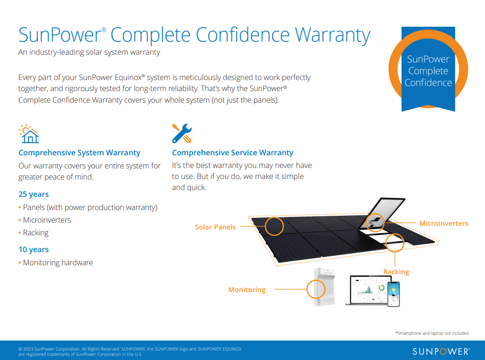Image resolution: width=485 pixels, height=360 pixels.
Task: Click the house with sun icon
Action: click(x=29, y=134)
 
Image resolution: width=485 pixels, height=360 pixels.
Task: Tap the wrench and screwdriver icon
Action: click(x=182, y=134)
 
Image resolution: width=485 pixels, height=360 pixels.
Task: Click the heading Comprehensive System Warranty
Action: click(x=79, y=153)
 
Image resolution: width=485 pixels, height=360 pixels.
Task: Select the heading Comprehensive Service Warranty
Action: click(x=233, y=153)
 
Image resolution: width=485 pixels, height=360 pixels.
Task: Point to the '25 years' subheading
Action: click(x=34, y=194)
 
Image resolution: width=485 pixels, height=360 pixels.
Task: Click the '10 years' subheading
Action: click(x=34, y=249)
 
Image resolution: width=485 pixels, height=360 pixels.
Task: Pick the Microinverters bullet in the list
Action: click(x=47, y=220)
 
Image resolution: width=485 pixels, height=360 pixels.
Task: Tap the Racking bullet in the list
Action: click(x=36, y=233)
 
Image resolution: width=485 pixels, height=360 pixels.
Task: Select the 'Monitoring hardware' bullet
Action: click(x=58, y=263)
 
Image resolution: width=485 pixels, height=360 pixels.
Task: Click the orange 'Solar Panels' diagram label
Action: click(x=215, y=227)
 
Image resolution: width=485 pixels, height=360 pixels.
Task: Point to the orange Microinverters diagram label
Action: click(x=443, y=224)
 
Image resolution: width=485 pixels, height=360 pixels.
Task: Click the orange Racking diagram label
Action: click(x=396, y=272)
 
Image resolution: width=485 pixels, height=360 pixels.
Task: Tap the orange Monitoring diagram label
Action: click(x=247, y=289)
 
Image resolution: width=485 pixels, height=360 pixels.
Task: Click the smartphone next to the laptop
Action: click(x=393, y=294)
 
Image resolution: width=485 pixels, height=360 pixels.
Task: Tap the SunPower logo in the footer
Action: click(x=441, y=351)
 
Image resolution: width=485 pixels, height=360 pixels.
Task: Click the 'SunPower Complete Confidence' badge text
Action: click(x=428, y=71)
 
